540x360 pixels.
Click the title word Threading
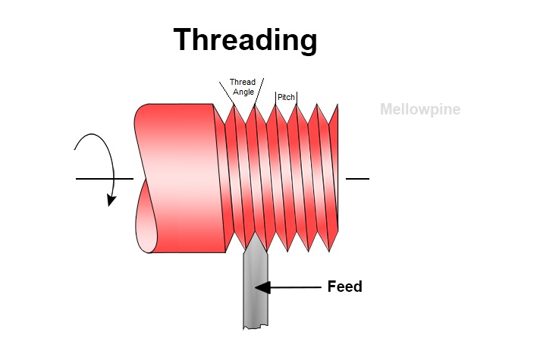point(245,39)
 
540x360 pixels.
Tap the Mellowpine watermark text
point(419,109)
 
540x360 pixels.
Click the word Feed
point(344,286)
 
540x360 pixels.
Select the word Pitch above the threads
point(286,98)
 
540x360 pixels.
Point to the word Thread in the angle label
point(243,83)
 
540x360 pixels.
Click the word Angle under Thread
point(243,92)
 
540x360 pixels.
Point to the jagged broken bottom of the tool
point(255,327)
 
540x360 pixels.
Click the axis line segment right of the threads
point(357,179)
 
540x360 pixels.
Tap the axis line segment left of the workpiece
point(104,179)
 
